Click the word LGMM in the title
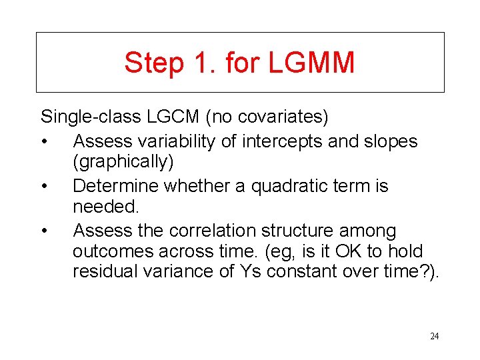pyautogui.click(x=312, y=63)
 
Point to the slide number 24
pyautogui.click(x=434, y=336)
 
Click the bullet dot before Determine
pyautogui.click(x=43, y=186)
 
